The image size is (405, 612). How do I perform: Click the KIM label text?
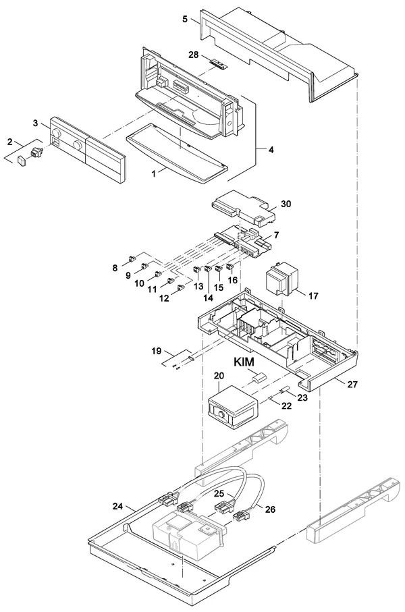click(244, 362)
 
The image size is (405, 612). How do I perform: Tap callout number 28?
click(194, 55)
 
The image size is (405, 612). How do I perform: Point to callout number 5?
click(185, 19)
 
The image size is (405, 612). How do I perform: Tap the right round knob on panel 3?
click(78, 146)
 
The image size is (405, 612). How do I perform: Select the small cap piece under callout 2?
click(22, 161)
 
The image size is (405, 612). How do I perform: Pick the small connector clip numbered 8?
click(132, 258)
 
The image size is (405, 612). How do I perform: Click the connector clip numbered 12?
click(180, 288)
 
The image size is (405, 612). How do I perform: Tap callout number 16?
click(233, 280)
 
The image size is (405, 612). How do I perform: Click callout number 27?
click(352, 385)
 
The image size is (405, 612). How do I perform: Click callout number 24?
click(117, 506)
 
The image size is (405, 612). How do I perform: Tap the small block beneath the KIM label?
click(258, 377)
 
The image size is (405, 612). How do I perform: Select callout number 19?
click(156, 351)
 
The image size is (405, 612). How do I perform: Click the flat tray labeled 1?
click(177, 155)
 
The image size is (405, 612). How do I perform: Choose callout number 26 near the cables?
click(270, 509)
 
